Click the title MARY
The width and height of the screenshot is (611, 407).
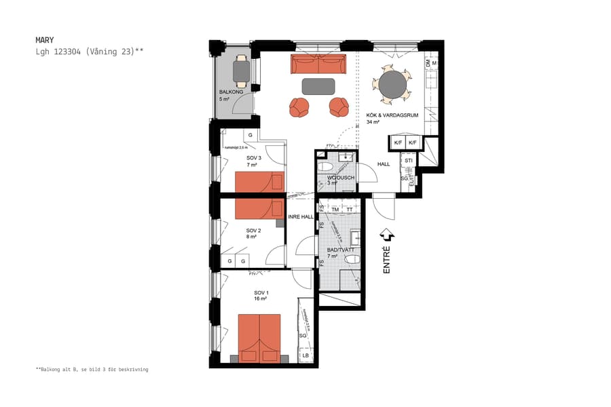pyautogui.click(x=44, y=40)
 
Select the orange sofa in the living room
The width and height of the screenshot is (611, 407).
pyautogui.click(x=318, y=64)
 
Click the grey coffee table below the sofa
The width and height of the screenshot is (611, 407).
pyautogui.click(x=318, y=86)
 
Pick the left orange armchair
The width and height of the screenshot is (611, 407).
pyautogui.click(x=299, y=107)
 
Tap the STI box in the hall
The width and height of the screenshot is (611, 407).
pyautogui.click(x=408, y=161)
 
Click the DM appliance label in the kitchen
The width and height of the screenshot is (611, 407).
pyautogui.click(x=428, y=63)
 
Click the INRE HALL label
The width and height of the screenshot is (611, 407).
pyautogui.click(x=300, y=217)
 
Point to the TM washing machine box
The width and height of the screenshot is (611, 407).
pyautogui.click(x=335, y=210)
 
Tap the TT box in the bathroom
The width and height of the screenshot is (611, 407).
pyautogui.click(x=350, y=210)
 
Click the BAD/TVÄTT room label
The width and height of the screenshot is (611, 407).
pyautogui.click(x=341, y=250)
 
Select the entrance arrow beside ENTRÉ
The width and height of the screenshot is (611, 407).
pyautogui.click(x=387, y=235)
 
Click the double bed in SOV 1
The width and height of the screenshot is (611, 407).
pyautogui.click(x=259, y=338)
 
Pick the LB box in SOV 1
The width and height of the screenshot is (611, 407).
pyautogui.click(x=305, y=356)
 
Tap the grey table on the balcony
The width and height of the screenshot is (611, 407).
pyautogui.click(x=240, y=70)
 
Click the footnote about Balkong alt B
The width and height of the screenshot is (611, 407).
pyautogui.click(x=92, y=370)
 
